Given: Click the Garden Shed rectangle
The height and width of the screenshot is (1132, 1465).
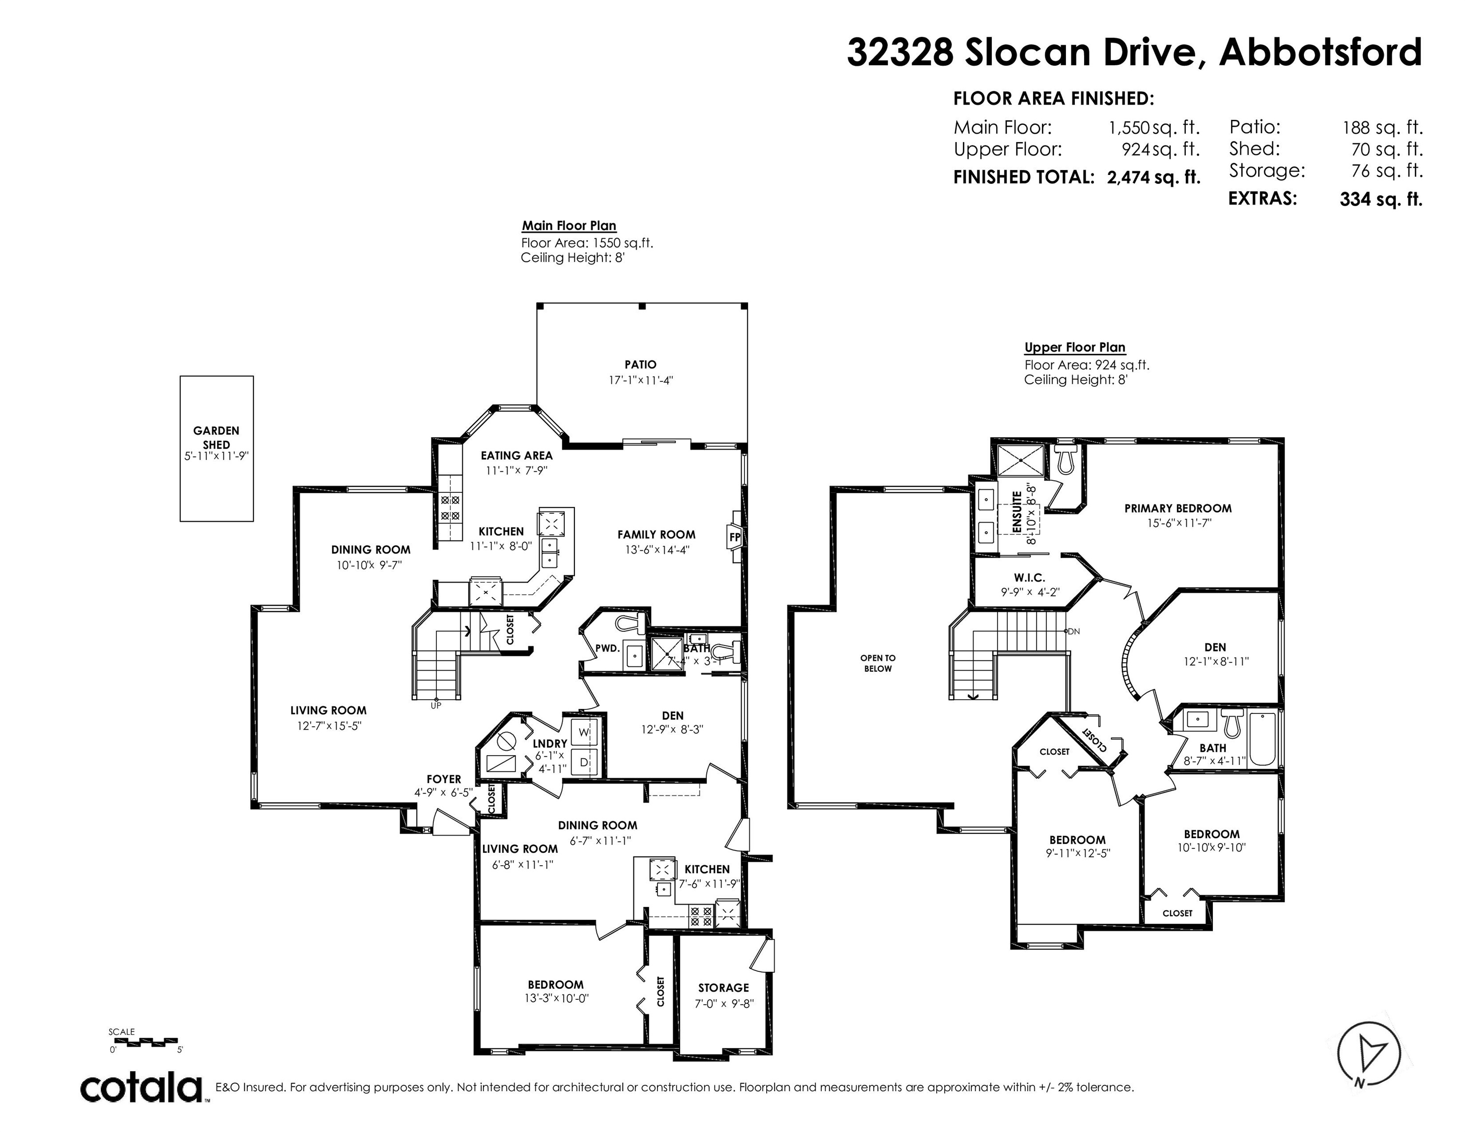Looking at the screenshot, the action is pyautogui.click(x=217, y=448).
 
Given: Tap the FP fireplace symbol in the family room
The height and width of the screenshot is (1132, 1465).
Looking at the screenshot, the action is pyautogui.click(x=735, y=537).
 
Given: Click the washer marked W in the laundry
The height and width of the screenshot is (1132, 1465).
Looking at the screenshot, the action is pyautogui.click(x=583, y=733).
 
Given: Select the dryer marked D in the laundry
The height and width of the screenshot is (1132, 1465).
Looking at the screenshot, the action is pyautogui.click(x=583, y=763).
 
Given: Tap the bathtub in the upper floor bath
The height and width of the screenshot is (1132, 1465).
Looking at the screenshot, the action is pyautogui.click(x=1263, y=740).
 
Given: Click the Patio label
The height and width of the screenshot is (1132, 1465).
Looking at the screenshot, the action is pyautogui.click(x=641, y=365).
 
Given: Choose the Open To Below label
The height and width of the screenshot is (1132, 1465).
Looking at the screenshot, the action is pyautogui.click(x=878, y=663).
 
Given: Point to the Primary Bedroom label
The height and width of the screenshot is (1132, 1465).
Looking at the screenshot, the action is pyautogui.click(x=1178, y=509).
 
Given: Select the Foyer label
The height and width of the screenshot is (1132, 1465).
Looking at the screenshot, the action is pyautogui.click(x=444, y=779).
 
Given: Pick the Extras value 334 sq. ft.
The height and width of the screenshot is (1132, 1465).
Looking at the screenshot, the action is pyautogui.click(x=1381, y=199).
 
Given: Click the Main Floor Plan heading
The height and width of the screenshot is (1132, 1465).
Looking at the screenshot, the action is pyautogui.click(x=570, y=226).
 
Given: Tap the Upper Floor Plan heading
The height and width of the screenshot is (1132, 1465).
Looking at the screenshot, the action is pyautogui.click(x=1075, y=347).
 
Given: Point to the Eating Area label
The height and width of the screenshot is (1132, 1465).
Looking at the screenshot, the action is pyautogui.click(x=517, y=456).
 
